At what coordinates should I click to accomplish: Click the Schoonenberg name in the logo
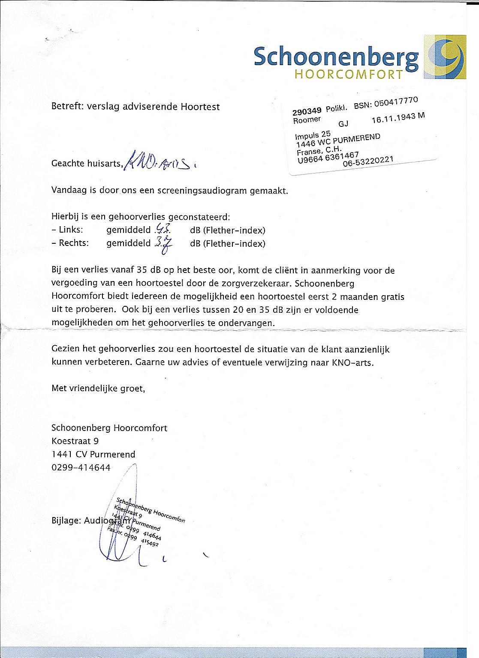[x=336, y=57]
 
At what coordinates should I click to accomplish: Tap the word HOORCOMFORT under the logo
[x=349, y=75]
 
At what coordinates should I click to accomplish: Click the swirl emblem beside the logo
[x=445, y=57]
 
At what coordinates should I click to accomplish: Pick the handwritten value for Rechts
[x=164, y=244]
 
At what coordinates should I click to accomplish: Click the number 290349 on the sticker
[x=307, y=111]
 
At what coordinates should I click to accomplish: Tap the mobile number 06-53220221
[x=368, y=162]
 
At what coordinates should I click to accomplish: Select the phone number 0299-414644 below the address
[x=81, y=467]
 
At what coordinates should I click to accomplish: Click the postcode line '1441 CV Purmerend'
[x=93, y=454]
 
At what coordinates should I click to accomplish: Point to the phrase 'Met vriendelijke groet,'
[x=98, y=388]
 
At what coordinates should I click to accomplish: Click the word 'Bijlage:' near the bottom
[x=66, y=520]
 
